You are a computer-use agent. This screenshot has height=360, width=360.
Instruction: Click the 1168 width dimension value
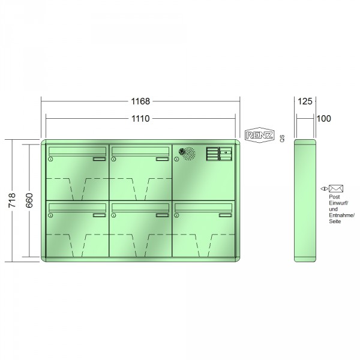(x=140, y=101)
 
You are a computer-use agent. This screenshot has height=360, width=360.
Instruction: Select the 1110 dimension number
(x=140, y=119)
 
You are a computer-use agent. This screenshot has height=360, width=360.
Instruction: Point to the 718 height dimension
(x=12, y=200)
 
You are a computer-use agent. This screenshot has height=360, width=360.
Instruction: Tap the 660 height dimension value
(x=29, y=200)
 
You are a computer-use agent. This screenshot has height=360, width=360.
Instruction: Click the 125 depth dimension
(x=305, y=101)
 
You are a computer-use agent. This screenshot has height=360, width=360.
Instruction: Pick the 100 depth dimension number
(x=324, y=119)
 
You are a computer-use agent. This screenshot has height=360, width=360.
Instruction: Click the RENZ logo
(x=259, y=135)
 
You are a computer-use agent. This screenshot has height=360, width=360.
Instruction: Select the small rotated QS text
(x=282, y=139)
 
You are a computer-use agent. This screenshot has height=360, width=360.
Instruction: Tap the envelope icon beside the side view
(x=336, y=189)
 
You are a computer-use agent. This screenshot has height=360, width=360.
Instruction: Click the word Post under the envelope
(x=334, y=197)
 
